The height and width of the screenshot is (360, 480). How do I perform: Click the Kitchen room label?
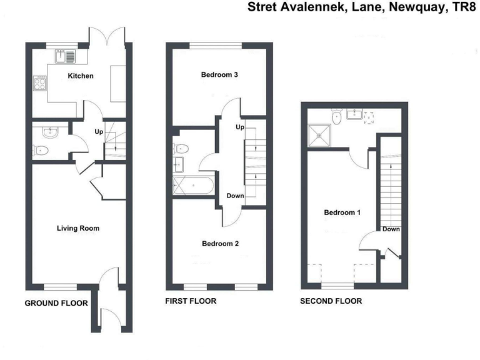click(x=81, y=76)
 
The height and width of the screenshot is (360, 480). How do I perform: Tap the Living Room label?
click(x=78, y=228)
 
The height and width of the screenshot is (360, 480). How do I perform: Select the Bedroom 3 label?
click(x=219, y=75)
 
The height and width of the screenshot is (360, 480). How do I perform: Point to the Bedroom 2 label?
click(x=219, y=244)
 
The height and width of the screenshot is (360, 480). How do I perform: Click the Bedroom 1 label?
click(x=342, y=212)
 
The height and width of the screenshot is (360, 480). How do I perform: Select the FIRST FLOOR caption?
click(x=191, y=301)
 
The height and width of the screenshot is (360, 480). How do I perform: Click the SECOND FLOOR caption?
click(x=331, y=301)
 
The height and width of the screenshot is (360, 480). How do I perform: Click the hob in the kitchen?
click(x=39, y=83)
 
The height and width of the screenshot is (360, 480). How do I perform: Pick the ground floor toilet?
click(x=41, y=150)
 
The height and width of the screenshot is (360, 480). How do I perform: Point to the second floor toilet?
click(x=337, y=116)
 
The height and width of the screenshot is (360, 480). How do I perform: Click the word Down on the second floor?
click(x=391, y=229)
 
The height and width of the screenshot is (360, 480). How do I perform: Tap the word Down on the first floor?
click(x=236, y=196)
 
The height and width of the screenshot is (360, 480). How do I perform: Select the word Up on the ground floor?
click(x=99, y=132)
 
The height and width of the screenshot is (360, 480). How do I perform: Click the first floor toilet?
click(x=182, y=149)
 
